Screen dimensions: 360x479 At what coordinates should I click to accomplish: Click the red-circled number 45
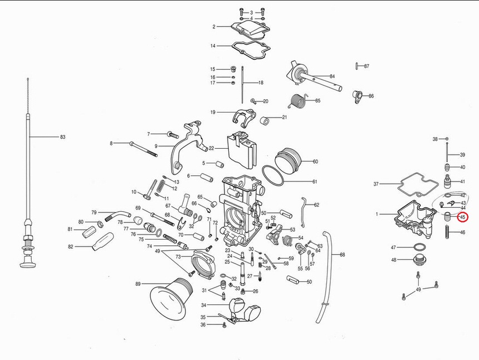(462, 217)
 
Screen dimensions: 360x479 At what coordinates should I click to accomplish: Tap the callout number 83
(62, 137)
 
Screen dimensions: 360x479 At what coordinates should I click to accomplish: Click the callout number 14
(213, 46)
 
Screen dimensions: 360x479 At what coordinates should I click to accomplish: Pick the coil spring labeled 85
(300, 101)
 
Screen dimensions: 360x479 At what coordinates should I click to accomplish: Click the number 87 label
(366, 66)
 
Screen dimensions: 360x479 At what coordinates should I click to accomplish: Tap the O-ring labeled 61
(272, 176)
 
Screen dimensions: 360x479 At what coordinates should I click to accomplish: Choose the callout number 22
(211, 148)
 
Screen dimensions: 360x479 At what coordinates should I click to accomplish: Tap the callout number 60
(315, 162)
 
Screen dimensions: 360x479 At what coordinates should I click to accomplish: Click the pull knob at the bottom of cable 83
(27, 262)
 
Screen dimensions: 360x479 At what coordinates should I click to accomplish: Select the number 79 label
(94, 212)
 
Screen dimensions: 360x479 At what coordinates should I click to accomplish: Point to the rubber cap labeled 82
(101, 243)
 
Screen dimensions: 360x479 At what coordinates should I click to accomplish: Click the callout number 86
(371, 96)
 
